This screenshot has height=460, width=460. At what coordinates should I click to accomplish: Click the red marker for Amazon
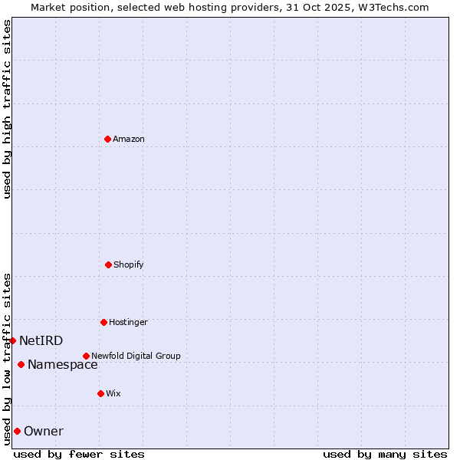pos(107,139)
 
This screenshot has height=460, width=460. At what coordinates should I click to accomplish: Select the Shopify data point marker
pos(108,264)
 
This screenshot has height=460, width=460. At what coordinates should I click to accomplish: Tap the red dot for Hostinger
pos(103,322)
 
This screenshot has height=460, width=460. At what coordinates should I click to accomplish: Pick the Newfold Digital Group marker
pos(86,356)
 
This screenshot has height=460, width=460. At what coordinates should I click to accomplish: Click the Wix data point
pos(100,393)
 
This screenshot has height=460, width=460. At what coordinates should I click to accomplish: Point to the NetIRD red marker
pos(12,340)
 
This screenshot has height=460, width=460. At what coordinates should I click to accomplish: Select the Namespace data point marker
pos(21,364)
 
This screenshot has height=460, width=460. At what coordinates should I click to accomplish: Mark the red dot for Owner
pos(17,431)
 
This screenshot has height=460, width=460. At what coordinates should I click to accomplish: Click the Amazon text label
pos(129,139)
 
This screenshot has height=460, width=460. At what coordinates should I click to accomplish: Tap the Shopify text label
pos(129,264)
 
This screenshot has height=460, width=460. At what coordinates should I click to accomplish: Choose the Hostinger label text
pos(128,322)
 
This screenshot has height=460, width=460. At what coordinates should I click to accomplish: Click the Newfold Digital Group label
pos(136,356)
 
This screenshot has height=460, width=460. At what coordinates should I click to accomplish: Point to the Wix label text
pos(113,393)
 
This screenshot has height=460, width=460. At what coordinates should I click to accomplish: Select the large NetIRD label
pos(41,340)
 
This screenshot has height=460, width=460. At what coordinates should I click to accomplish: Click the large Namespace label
pos(62,364)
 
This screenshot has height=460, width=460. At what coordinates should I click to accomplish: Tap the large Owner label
pos(44,431)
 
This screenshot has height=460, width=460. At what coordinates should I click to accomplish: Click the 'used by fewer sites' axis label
pos(79,454)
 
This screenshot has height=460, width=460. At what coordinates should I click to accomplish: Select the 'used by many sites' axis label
pos(385,454)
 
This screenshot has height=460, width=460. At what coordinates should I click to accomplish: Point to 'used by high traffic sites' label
pos(7,109)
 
